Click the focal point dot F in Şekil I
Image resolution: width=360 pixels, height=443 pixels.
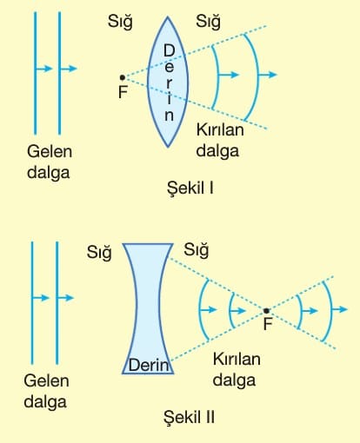123,77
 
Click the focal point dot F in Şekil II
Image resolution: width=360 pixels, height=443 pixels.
266,311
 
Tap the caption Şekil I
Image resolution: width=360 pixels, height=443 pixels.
190,188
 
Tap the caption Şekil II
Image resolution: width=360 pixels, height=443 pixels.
189,418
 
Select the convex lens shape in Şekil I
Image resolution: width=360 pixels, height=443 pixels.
168,82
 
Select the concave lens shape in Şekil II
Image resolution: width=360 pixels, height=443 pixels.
148,308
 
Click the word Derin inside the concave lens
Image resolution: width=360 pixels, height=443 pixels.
149,365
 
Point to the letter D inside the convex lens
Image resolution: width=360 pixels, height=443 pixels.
169,50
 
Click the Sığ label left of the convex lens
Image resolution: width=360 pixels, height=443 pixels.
120,22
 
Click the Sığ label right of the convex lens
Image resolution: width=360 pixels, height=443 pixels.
208,22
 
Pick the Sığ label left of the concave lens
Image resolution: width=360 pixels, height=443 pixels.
99,253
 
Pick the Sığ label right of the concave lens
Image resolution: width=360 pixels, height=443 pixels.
197,249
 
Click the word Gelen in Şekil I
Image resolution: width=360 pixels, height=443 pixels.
50,151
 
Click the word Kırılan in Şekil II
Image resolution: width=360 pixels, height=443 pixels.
237,359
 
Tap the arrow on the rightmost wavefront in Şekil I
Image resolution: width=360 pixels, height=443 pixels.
267,75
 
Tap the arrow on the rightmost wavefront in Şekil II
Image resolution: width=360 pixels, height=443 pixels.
339,309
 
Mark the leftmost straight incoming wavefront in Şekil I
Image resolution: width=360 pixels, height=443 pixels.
36,73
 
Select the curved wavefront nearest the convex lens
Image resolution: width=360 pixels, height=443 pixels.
216,77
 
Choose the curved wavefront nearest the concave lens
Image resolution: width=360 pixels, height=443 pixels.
202,309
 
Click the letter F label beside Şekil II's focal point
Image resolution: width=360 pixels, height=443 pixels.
268,324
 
